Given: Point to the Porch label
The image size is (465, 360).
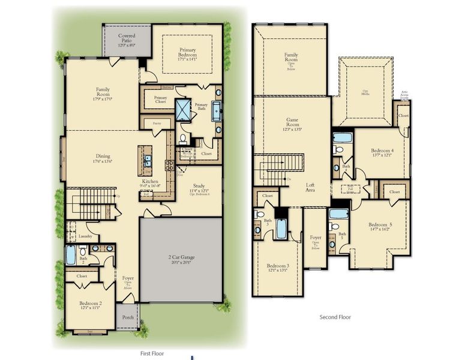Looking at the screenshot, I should tap(128, 317).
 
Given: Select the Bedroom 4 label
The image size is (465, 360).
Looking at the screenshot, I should tap(382, 151).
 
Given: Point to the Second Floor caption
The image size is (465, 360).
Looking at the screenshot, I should tap(336, 317).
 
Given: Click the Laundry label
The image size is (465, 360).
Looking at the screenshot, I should tap(85, 236).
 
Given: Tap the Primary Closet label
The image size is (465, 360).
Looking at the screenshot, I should tap(160, 100).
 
